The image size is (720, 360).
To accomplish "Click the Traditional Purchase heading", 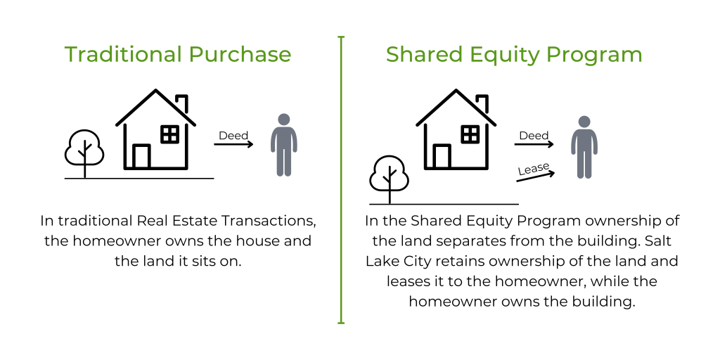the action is pyautogui.click(x=178, y=54).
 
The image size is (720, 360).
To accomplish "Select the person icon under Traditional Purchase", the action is pyautogui.click(x=284, y=145).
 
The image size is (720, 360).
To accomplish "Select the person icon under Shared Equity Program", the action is pyautogui.click(x=584, y=147).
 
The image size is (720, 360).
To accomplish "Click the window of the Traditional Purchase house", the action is pyautogui.click(x=170, y=134).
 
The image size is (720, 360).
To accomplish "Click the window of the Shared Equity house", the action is pyautogui.click(x=470, y=134).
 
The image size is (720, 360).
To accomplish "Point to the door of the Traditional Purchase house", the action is pyautogui.click(x=141, y=157).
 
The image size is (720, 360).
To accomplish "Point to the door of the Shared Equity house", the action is pyautogui.click(x=442, y=157).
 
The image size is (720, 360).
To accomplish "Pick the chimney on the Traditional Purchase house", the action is pyautogui.click(x=182, y=103).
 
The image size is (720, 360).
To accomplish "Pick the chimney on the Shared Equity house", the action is pyautogui.click(x=482, y=103).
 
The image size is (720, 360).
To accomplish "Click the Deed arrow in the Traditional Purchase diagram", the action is pyautogui.click(x=233, y=144).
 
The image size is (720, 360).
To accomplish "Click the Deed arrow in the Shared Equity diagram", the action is pyautogui.click(x=534, y=144).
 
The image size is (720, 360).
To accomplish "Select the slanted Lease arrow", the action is pyautogui.click(x=535, y=176).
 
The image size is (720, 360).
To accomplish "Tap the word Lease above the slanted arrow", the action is pyautogui.click(x=534, y=169).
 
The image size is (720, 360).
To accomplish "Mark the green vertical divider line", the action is pyautogui.click(x=341, y=179).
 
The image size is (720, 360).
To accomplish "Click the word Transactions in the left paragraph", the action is pyautogui.click(x=269, y=220).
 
